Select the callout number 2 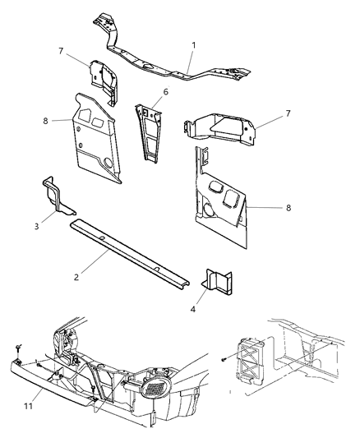[x=76, y=277]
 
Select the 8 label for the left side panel [x=46, y=120]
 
